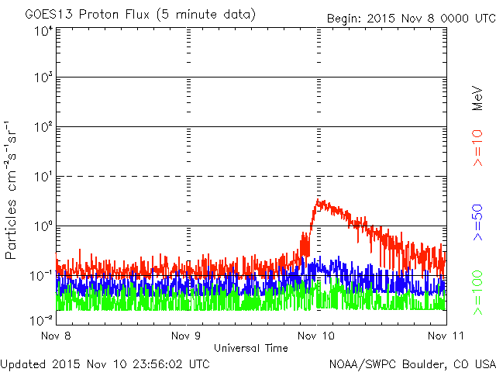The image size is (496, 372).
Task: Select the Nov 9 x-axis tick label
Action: click(x=185, y=336)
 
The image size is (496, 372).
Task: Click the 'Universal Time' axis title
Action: click(x=250, y=348)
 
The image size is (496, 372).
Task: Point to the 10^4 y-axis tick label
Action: click(x=43, y=33)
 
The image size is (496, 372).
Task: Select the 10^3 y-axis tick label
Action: click(x=43, y=77)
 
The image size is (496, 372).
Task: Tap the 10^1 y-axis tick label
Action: click(x=43, y=177)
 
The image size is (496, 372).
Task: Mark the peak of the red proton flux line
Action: click(x=318, y=200)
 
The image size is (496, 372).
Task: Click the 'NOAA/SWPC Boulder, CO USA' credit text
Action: click(x=412, y=363)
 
